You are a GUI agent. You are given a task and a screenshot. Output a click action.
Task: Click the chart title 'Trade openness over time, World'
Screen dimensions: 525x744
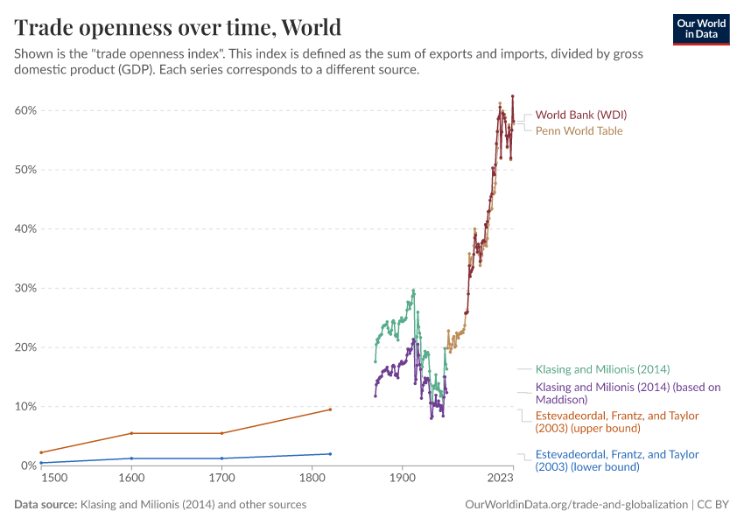(x=178, y=27)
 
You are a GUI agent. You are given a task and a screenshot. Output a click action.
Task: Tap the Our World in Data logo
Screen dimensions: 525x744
(x=700, y=29)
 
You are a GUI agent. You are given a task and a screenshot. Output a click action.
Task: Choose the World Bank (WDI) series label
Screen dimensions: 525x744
(x=580, y=115)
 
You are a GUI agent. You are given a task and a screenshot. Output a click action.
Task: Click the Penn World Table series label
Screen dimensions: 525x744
(x=579, y=131)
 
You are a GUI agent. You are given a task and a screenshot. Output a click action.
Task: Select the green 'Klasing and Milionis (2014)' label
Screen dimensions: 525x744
(x=602, y=369)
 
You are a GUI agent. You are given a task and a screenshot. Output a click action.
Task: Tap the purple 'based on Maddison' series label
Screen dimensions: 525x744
(x=628, y=393)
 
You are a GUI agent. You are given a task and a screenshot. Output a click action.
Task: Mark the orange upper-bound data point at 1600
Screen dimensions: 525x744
(x=131, y=433)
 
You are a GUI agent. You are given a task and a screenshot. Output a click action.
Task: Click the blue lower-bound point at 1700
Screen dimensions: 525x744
(x=221, y=458)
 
